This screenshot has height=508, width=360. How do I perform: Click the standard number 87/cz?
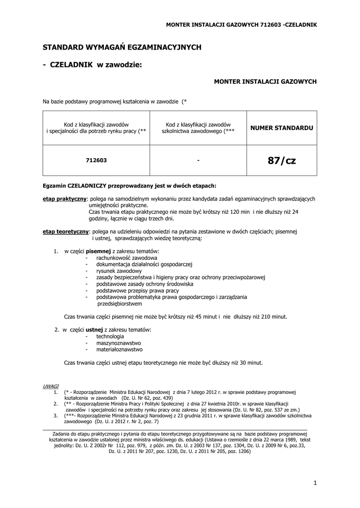[282, 160]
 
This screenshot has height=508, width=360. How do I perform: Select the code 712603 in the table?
[96, 160]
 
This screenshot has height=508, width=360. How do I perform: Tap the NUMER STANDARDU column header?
[282, 127]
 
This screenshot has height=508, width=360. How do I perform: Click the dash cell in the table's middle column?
[198, 160]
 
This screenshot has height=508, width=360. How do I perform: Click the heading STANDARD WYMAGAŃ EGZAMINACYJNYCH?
[122, 47]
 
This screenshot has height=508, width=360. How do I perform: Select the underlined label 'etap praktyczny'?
[65, 198]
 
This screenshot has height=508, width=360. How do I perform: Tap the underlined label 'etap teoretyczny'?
[66, 231]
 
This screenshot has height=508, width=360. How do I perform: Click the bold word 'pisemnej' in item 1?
[99, 252]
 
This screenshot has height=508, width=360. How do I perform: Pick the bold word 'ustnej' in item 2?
[94, 329]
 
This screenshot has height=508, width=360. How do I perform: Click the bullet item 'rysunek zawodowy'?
[119, 271]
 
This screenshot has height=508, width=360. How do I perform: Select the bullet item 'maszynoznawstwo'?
[119, 343]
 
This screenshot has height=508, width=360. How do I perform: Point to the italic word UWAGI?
[51, 385]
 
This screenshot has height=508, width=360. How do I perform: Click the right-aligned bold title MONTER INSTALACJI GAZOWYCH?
[265, 81]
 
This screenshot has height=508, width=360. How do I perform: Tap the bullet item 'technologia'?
[110, 336]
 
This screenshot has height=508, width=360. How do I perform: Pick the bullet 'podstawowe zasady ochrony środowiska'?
[145, 284]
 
